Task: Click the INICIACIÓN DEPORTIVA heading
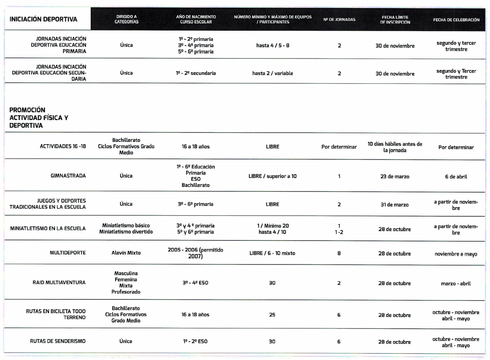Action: click(43, 19)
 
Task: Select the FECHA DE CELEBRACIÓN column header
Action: click(456, 20)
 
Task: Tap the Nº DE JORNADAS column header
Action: click(339, 20)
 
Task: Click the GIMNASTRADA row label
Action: click(69, 176)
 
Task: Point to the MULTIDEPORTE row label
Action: click(68, 253)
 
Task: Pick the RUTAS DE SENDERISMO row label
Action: click(58, 342)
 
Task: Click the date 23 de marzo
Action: click(394, 177)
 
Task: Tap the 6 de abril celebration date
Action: click(456, 177)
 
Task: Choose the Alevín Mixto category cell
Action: click(126, 253)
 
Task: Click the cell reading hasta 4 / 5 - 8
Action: click(272, 46)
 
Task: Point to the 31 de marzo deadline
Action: click(394, 205)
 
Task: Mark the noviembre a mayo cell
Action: click(456, 254)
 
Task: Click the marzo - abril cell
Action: click(456, 283)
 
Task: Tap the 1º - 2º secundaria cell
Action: click(196, 73)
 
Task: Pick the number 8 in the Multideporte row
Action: click(339, 254)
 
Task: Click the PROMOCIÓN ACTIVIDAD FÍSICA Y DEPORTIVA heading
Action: click(39, 118)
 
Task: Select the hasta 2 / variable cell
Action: click(272, 73)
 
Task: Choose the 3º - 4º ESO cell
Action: click(196, 283)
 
